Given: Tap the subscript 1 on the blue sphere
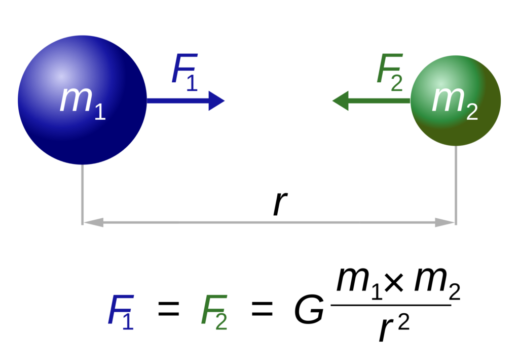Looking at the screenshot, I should tap(100, 112).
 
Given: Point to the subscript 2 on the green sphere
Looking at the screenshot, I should tap(472, 112).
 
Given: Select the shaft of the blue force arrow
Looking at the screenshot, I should tap(177, 101).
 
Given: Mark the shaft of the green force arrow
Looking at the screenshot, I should tap(380, 101).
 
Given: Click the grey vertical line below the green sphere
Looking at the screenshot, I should tap(456, 185).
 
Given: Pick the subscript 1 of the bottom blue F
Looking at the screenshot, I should tap(128, 321).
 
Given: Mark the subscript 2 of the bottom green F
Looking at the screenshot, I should tap(221, 321).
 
